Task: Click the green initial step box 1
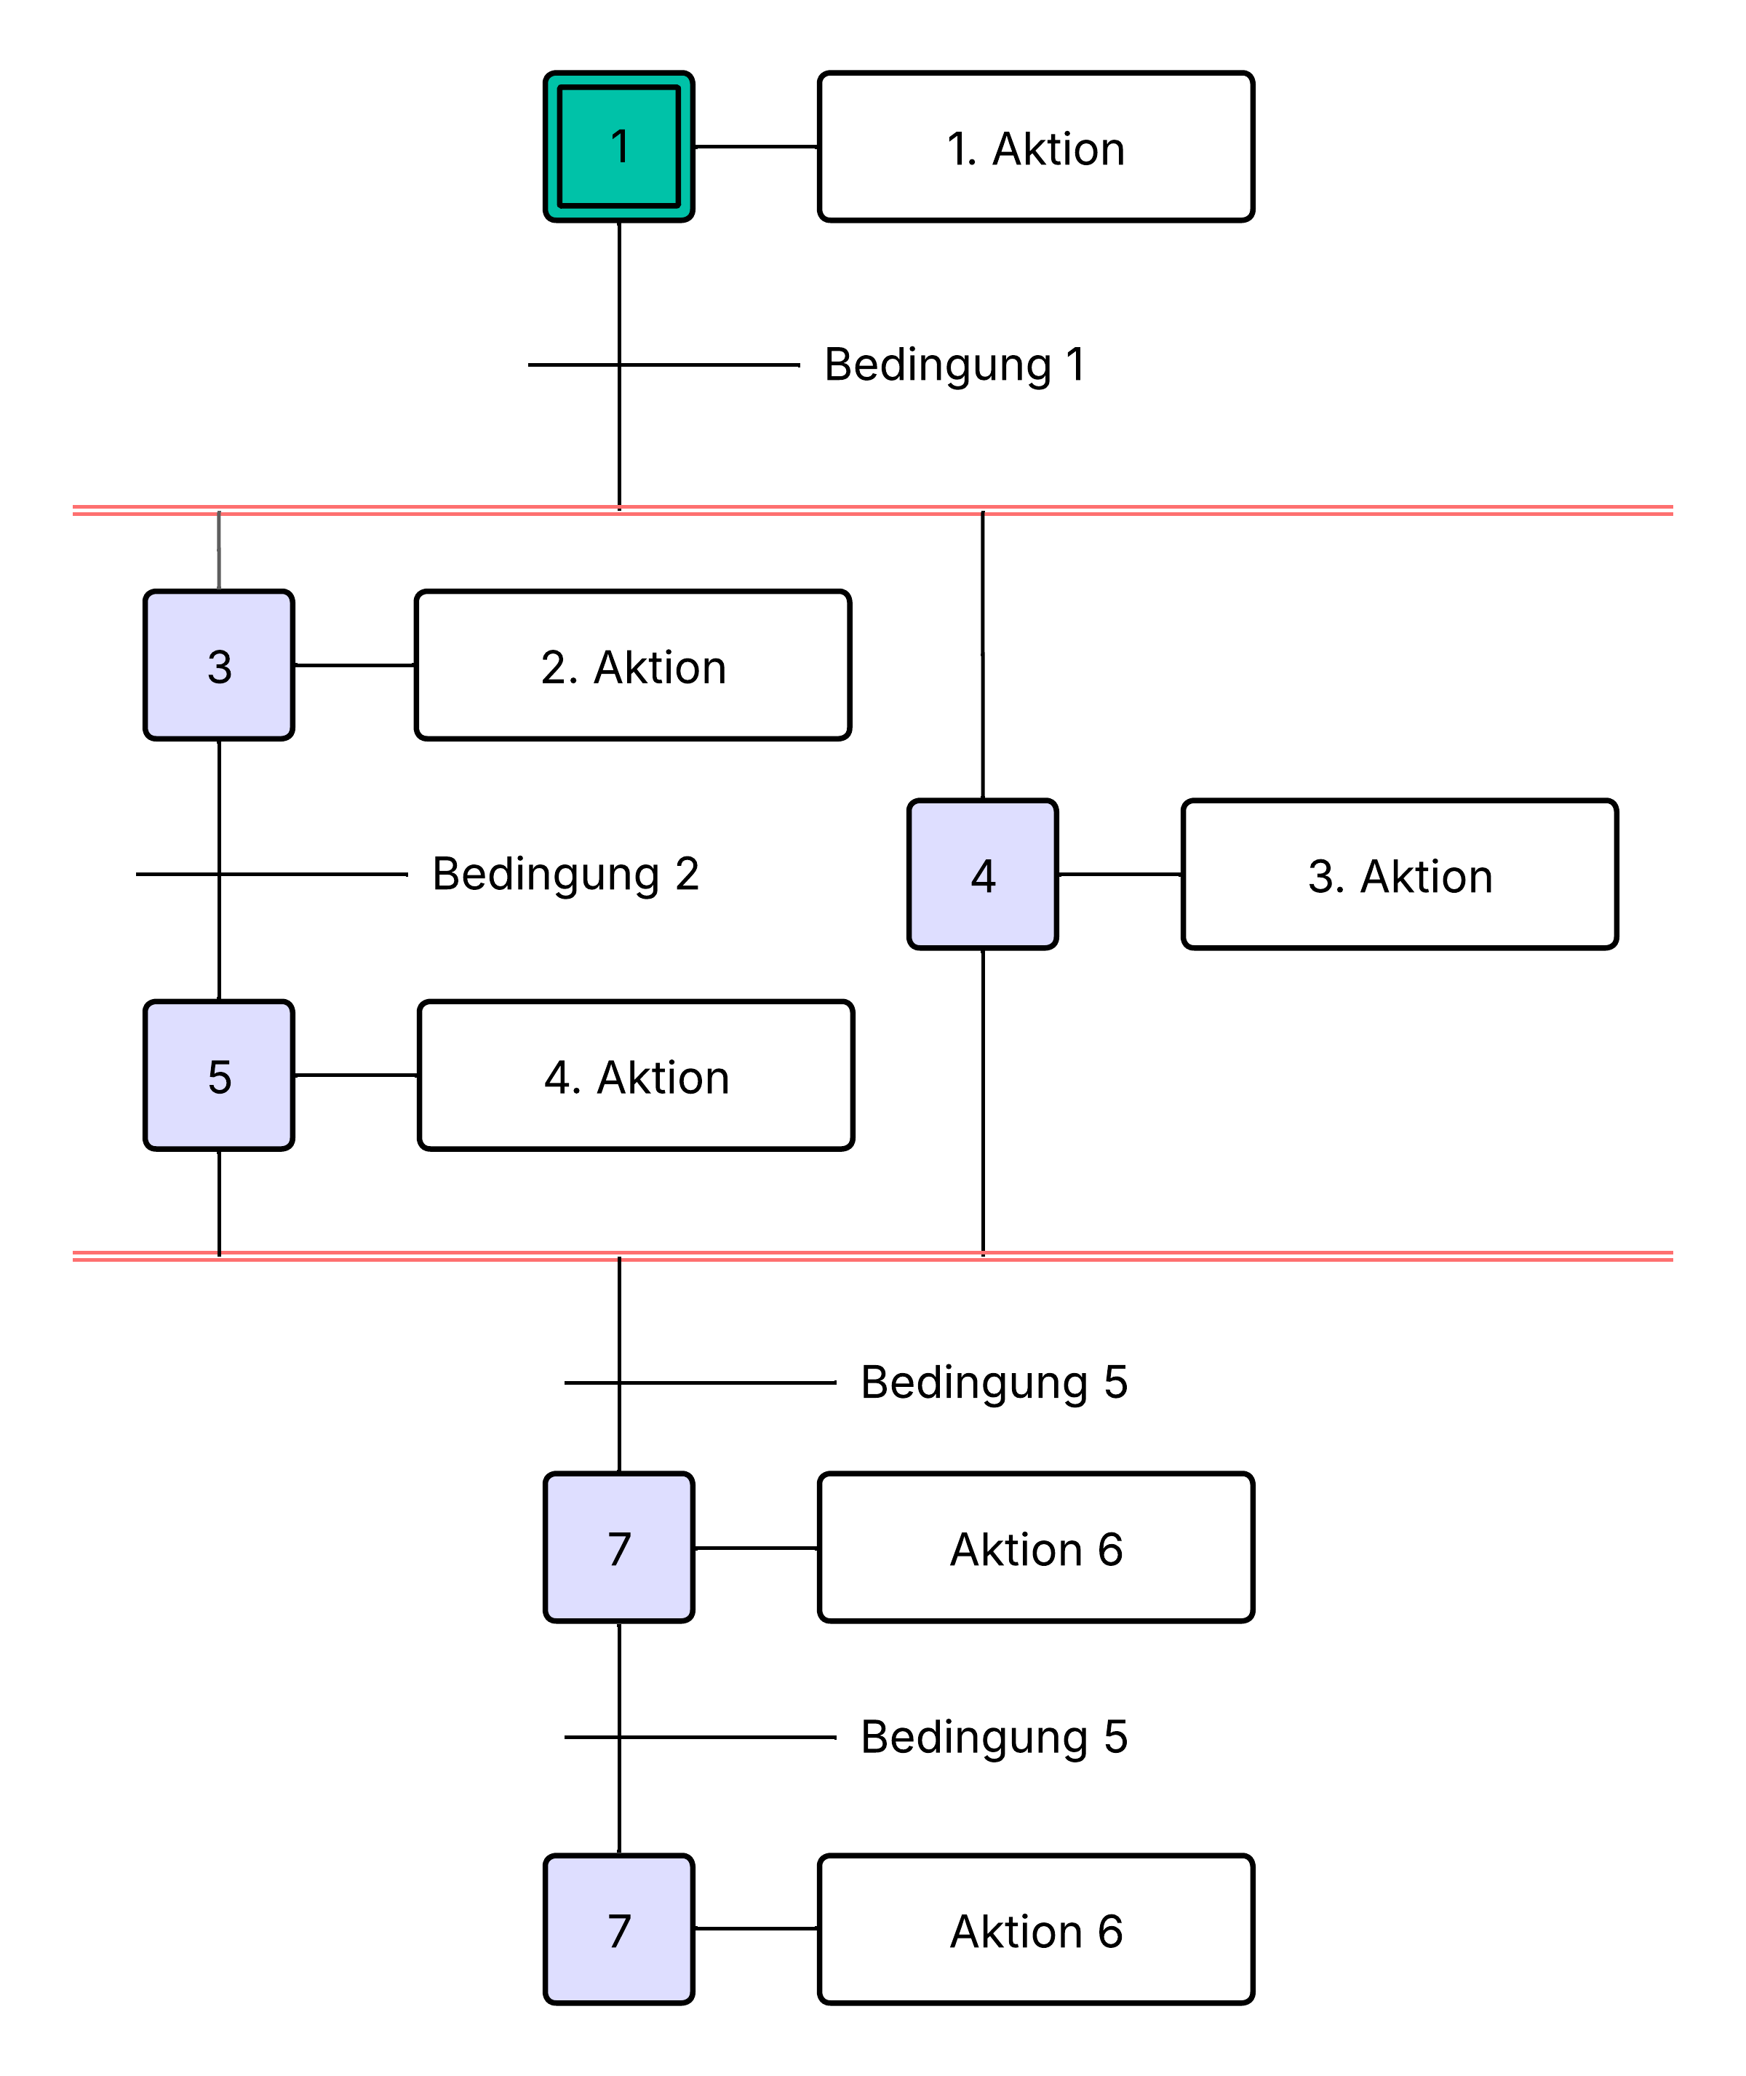point(618,146)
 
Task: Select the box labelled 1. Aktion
point(1035,146)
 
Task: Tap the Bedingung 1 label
point(954,365)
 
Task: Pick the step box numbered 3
point(219,665)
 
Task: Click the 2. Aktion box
point(632,665)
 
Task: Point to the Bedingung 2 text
point(565,874)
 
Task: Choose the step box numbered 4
point(982,874)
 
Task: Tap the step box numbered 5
point(219,1075)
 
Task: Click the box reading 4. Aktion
point(635,1075)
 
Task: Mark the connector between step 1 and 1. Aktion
point(756,146)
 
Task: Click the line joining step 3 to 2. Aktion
point(354,665)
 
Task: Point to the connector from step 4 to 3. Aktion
point(1120,874)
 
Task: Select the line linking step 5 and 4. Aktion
point(356,1075)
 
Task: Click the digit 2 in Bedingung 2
point(687,874)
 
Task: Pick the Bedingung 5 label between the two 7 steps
point(994,1738)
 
